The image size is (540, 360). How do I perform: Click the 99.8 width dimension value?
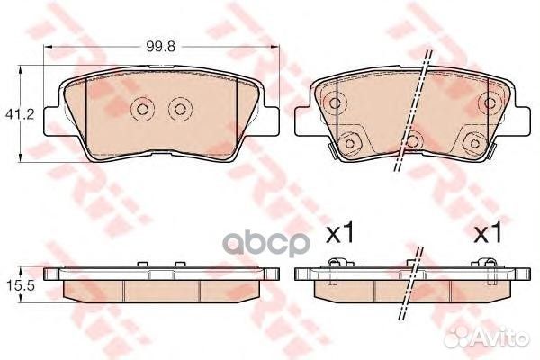point(161,47)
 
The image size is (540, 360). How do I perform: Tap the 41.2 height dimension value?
point(20,114)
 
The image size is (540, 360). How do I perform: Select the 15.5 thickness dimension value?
point(21,286)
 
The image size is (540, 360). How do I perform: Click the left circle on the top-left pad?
point(142,109)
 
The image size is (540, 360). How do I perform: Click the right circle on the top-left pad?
point(180,109)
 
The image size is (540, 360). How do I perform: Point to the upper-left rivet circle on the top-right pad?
point(334,103)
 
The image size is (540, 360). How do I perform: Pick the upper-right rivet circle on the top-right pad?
point(489,103)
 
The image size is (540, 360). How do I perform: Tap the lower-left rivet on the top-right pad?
point(349,143)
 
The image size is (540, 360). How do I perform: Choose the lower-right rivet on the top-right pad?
point(474,143)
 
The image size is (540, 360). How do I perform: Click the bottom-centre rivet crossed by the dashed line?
point(412,141)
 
